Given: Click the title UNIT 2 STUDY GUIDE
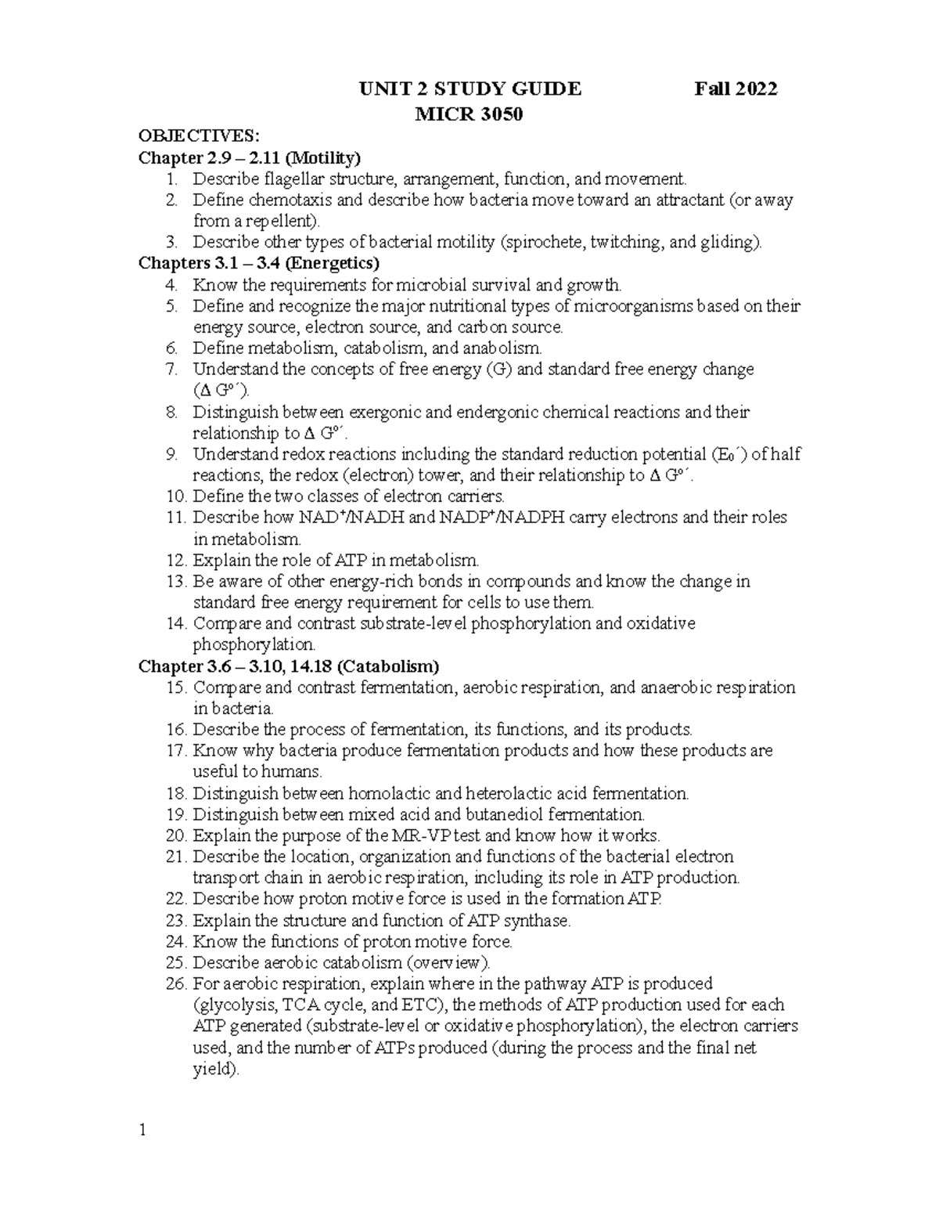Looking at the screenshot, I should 469,88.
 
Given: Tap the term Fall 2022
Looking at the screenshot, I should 736,88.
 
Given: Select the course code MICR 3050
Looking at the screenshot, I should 469,114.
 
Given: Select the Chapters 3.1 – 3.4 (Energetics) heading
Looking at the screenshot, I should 259,263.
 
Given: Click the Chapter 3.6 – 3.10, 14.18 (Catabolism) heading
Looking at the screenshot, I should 289,666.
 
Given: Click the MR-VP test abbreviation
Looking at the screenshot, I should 435,835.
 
